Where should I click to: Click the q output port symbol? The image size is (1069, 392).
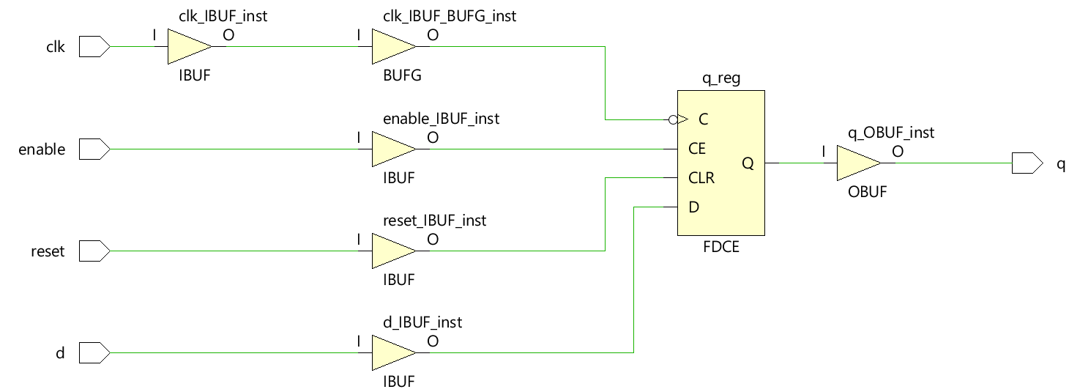point(1027,163)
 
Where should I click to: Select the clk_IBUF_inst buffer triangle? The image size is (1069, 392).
point(187,47)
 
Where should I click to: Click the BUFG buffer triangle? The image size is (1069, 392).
point(392,47)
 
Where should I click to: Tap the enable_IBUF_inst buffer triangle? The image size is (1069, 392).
point(392,149)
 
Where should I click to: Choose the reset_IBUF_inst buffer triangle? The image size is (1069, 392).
point(392,252)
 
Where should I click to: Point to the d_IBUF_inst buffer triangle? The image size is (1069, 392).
point(392,354)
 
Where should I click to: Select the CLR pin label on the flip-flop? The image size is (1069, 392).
point(701,178)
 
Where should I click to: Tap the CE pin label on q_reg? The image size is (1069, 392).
point(697,149)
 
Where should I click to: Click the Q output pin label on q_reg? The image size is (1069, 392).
point(748,163)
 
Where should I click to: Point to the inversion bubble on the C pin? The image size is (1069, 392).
point(672,119)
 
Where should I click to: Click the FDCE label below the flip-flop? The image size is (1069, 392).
point(720,247)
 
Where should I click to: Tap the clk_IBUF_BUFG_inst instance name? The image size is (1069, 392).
point(449,15)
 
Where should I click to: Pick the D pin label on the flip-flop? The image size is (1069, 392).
point(693,207)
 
